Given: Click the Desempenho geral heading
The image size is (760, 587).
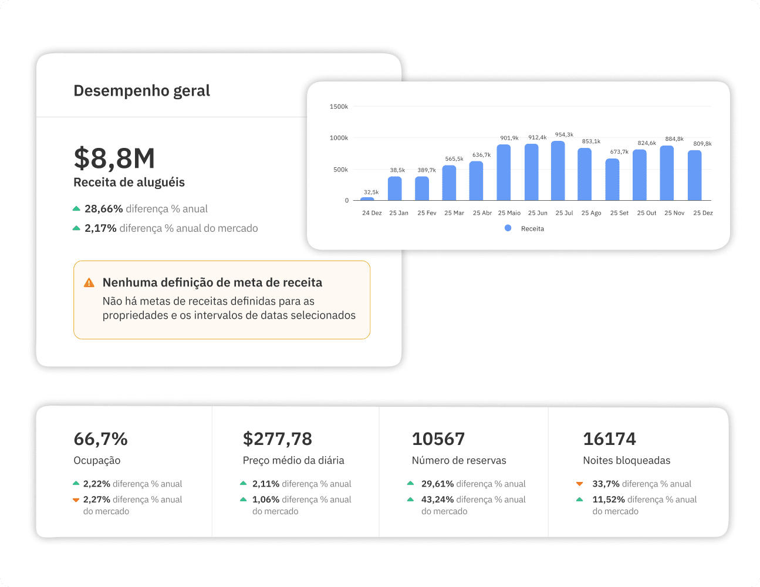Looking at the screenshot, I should click(141, 91).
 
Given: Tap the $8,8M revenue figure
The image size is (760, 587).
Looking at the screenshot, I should click(114, 158).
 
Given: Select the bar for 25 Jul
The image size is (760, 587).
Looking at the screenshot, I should click(558, 171).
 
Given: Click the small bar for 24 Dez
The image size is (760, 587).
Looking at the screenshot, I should click(367, 199).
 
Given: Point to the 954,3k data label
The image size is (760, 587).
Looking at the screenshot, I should click(564, 135).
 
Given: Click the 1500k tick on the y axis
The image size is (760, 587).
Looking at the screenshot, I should click(339, 107).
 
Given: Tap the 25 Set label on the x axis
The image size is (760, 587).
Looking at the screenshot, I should click(619, 213).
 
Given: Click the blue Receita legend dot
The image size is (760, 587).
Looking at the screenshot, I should click(508, 228).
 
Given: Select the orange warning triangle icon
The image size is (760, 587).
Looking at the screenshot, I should click(89, 283).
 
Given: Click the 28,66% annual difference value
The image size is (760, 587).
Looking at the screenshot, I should click(104, 209).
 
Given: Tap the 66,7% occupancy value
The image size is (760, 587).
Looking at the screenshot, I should click(100, 439).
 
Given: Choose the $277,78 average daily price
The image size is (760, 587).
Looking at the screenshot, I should click(277, 439).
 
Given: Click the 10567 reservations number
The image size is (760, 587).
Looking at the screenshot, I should click(438, 439).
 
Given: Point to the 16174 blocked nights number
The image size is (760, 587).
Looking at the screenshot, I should click(609, 439).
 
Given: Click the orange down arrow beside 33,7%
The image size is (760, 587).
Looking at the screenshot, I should click(579, 484).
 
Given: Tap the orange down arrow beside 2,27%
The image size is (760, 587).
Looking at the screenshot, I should click(76, 500).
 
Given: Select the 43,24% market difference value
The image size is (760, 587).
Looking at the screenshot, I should click(437, 500).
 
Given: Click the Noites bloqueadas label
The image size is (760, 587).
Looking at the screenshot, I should click(626, 461).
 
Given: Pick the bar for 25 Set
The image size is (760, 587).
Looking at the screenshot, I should click(612, 180).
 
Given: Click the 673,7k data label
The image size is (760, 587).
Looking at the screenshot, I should click(619, 152).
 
